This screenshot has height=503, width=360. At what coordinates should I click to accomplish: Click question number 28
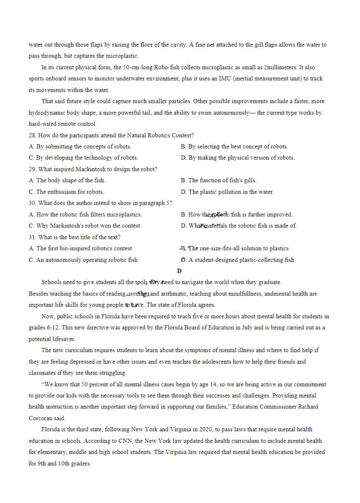coord(33,135)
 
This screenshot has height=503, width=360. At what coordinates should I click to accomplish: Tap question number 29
coord(33,169)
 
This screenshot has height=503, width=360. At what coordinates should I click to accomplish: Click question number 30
coord(33,203)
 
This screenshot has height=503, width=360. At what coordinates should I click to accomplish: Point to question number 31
coord(33,237)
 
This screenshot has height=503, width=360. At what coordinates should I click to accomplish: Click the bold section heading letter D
coord(179,271)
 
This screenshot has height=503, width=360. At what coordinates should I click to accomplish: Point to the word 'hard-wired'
coord(43,124)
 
